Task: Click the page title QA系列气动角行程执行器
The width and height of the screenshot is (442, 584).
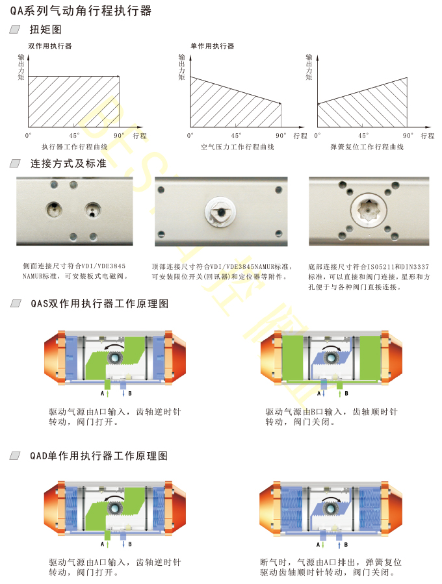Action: click(x=81, y=11)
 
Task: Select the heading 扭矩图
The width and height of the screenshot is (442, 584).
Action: click(x=45, y=29)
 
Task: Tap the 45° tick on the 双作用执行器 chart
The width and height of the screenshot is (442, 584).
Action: click(x=74, y=136)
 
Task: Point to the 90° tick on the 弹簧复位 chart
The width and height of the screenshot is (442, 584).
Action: click(x=408, y=136)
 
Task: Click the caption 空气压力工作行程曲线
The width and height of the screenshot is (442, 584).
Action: click(x=237, y=147)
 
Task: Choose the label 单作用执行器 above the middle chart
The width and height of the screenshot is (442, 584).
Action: click(x=213, y=46)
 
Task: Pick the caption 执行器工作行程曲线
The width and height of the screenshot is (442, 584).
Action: click(x=75, y=147)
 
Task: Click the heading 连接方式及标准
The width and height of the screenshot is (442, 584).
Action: click(x=68, y=164)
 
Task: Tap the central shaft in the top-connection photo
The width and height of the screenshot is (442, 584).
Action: click(x=220, y=212)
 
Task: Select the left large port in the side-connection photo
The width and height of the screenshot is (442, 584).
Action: click(x=54, y=209)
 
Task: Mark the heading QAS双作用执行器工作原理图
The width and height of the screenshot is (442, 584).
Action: click(x=99, y=303)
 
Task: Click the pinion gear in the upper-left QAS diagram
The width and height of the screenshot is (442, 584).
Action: click(x=115, y=358)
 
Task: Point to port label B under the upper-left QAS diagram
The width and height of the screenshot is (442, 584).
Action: click(x=130, y=393)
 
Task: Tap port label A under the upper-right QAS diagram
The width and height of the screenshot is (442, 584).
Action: click(x=318, y=393)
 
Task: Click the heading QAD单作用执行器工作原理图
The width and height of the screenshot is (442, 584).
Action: click(x=99, y=456)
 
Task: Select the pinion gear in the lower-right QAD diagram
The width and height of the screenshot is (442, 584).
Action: click(x=330, y=509)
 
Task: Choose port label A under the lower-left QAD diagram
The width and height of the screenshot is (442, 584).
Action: click(x=103, y=544)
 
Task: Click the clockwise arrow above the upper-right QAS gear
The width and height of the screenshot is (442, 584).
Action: click(x=331, y=347)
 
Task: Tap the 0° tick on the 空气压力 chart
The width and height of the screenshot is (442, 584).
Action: click(x=190, y=136)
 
